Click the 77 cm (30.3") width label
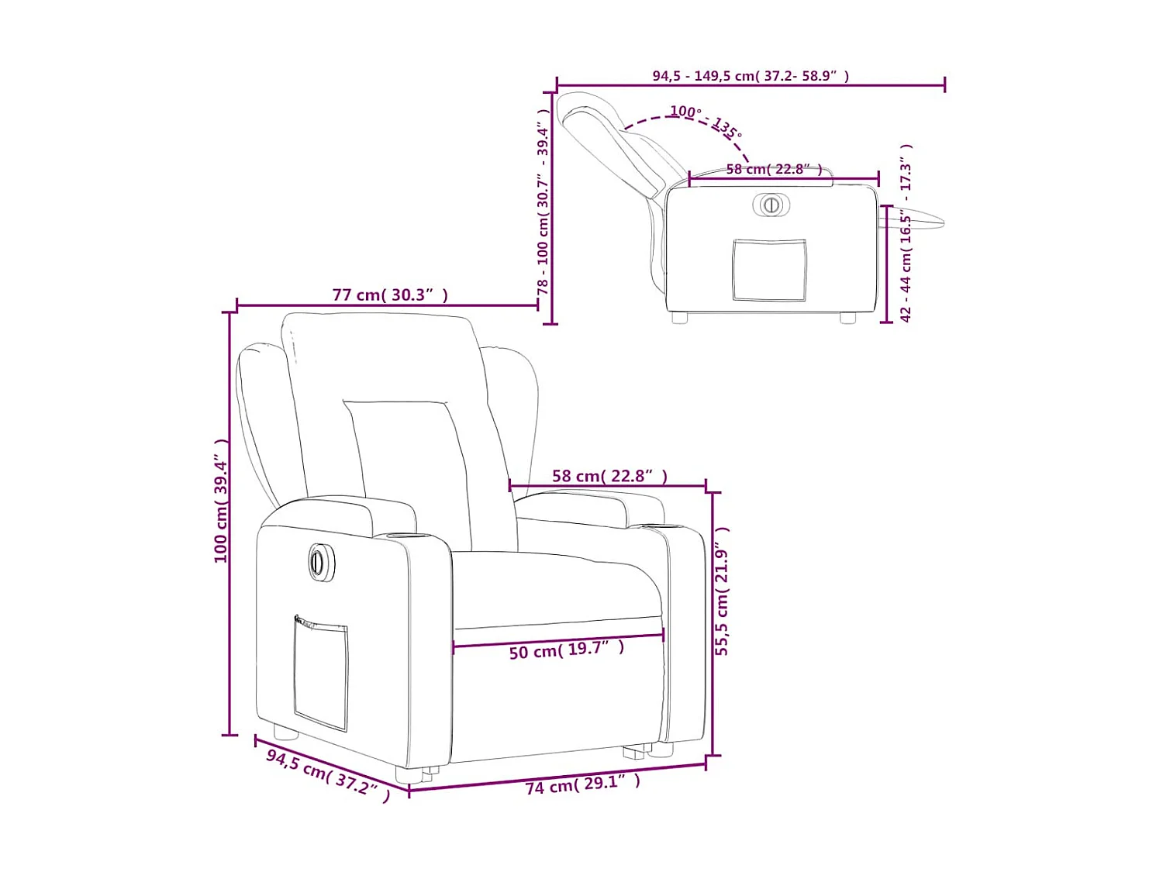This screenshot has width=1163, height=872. click(x=390, y=295)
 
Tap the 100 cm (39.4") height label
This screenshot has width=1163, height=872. click(x=222, y=500)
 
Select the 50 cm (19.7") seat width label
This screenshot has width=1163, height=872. click(x=566, y=650)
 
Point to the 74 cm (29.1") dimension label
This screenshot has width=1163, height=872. click(x=582, y=784)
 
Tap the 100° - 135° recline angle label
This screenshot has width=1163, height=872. click(x=706, y=121)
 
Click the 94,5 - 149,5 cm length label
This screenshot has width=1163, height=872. click(x=750, y=76)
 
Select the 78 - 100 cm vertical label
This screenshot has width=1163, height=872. click(x=544, y=202)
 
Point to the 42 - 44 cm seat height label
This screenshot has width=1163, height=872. click(x=906, y=233)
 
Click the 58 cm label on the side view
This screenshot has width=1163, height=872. click(x=773, y=169)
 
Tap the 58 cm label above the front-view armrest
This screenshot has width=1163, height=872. click(x=609, y=476)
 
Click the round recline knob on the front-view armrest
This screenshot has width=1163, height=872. click(x=318, y=560)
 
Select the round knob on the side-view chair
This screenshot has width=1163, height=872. click(x=771, y=205)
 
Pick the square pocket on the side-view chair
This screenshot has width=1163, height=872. click(x=769, y=270)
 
